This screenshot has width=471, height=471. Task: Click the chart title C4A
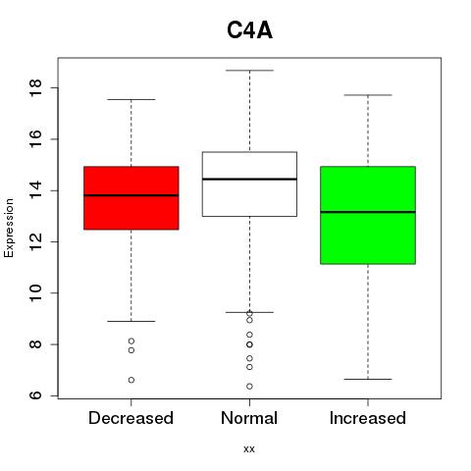coord(249,30)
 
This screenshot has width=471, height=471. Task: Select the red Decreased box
coord(131,198)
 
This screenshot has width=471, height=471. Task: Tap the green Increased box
coord(368,215)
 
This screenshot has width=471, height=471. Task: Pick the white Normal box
coord(249,183)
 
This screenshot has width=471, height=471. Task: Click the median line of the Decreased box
coord(131,195)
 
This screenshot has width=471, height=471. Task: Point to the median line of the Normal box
coord(249,179)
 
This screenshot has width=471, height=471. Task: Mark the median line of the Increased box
coord(368,212)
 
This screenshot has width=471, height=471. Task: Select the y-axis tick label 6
coord(35,395)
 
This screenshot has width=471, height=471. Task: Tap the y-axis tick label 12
coord(35,241)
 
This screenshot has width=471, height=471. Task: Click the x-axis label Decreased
coord(131,418)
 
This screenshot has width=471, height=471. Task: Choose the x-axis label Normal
coord(249,418)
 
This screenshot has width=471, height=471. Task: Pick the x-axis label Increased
coord(368,418)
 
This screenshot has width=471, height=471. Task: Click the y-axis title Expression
coord(9,228)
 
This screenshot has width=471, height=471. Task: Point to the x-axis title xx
coord(249,449)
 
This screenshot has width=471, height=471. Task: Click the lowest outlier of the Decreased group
coord(131,380)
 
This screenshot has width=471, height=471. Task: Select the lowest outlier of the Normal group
coord(249,387)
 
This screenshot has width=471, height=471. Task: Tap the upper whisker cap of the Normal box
coord(249,71)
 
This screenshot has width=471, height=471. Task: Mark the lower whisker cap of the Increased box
coord(368,379)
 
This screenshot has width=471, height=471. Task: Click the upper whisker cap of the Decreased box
coord(131,99)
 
